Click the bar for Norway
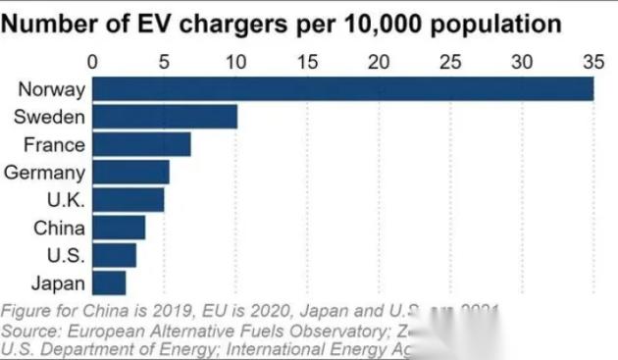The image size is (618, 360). (x=343, y=89)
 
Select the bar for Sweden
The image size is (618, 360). (x=165, y=117)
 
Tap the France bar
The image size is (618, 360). (x=141, y=145)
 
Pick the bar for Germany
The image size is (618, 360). (x=130, y=173)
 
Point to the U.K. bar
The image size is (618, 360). (x=129, y=200)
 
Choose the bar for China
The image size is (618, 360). (x=119, y=229)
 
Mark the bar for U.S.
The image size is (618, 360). (x=115, y=256)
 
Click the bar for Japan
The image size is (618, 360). (x=109, y=283)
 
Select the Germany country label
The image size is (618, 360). (x=45, y=173)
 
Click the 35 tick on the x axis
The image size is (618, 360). (x=592, y=61)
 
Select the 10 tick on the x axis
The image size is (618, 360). (x=236, y=61)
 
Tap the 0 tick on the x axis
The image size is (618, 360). (x=93, y=61)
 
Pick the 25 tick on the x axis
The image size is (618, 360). (x=450, y=61)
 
